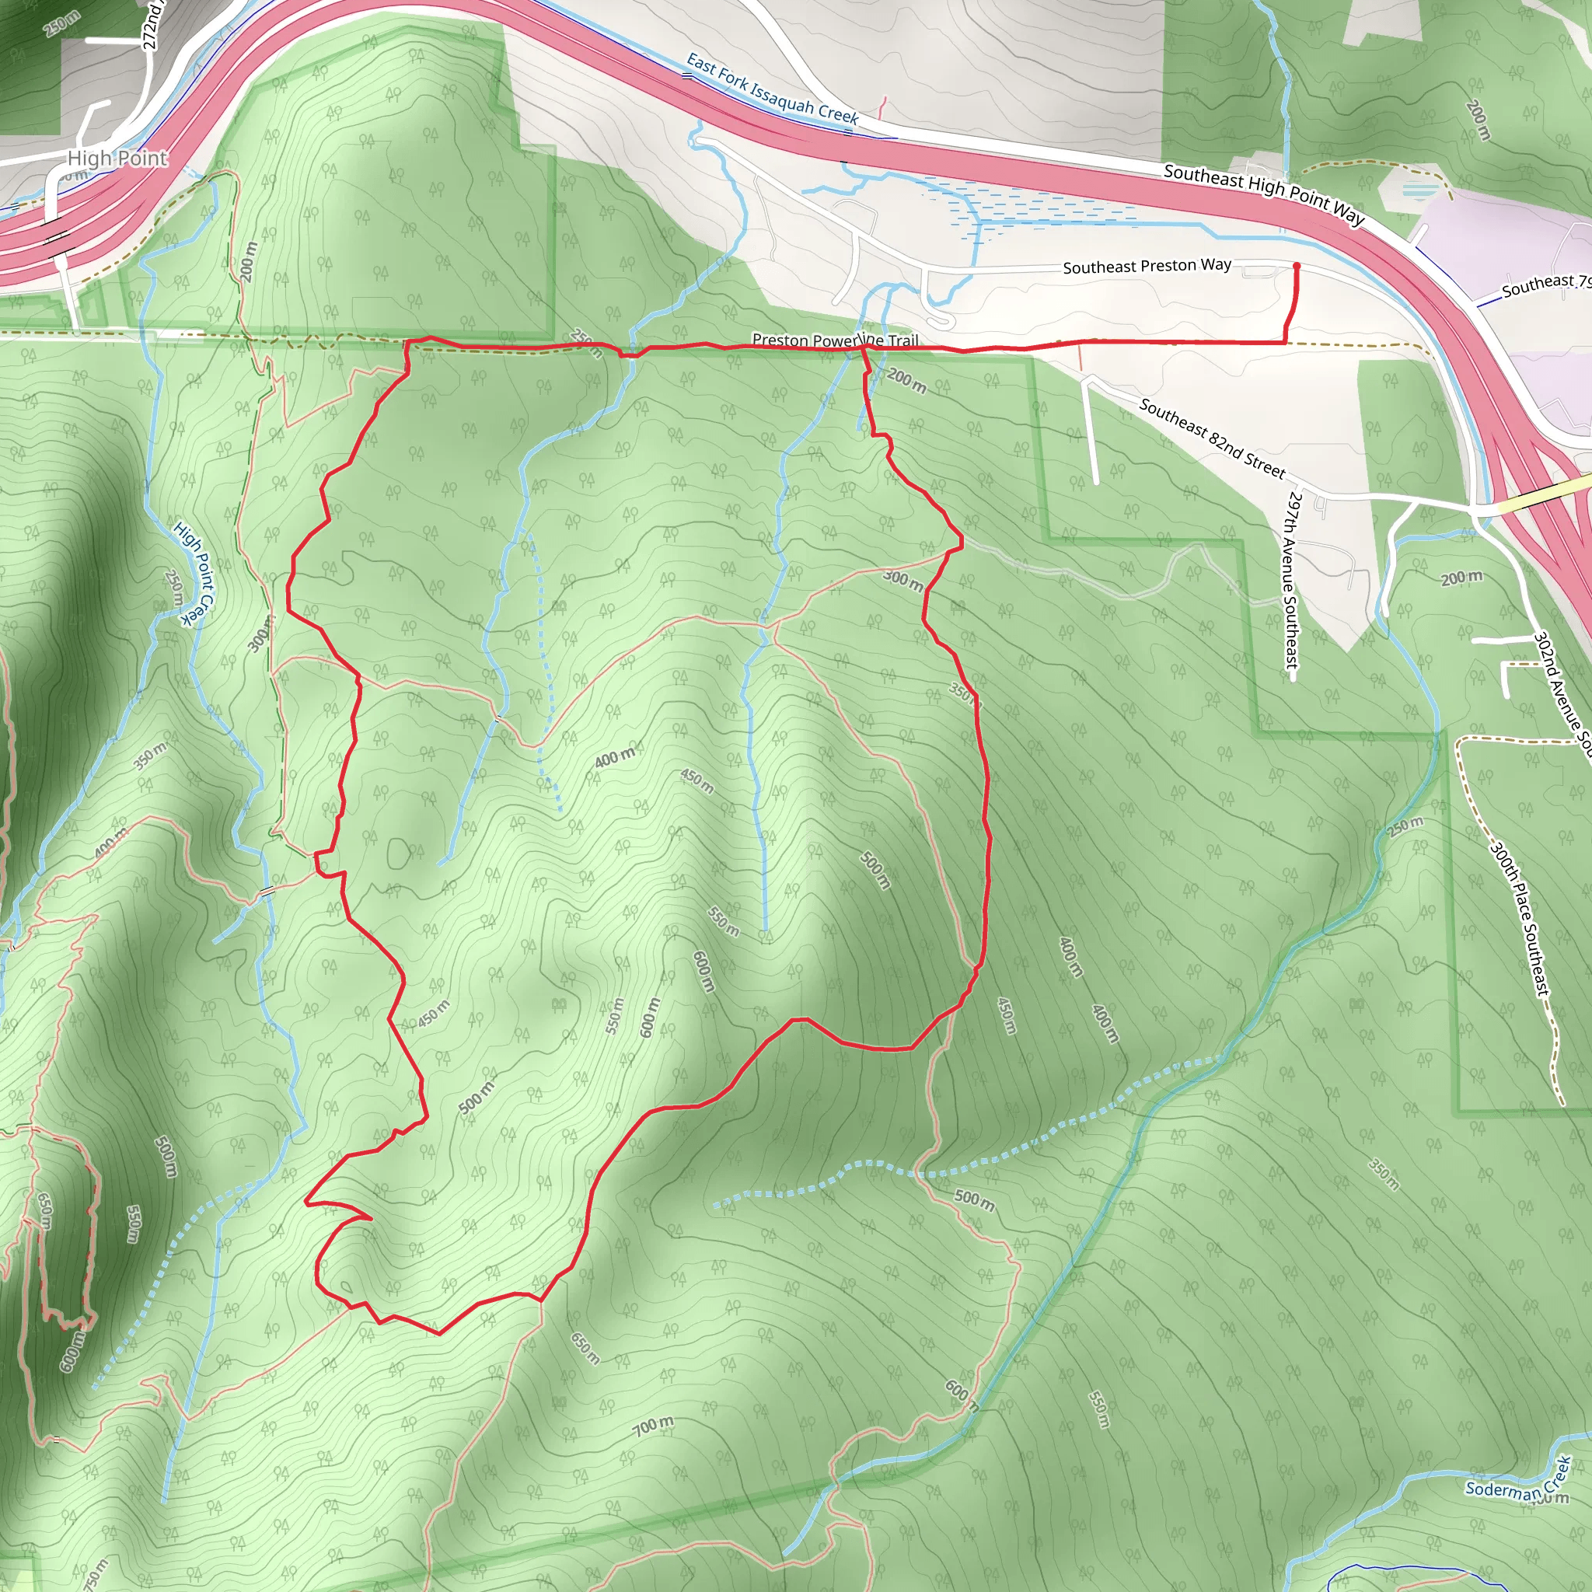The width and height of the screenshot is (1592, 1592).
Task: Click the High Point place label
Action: [117, 159]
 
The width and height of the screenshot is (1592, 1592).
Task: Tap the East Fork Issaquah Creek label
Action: [772, 89]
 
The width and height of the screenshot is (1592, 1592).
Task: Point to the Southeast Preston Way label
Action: [1147, 266]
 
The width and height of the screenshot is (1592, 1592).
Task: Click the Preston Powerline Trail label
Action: [834, 340]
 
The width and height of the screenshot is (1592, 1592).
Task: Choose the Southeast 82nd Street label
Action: [1211, 438]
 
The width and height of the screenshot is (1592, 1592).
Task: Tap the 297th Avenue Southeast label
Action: [1290, 580]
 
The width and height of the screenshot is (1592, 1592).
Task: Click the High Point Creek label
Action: [194, 574]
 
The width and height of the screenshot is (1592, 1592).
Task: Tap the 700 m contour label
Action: [654, 1426]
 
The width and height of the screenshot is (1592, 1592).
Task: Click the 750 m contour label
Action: [96, 1574]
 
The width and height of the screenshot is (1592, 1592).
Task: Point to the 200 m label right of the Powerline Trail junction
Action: [907, 382]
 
